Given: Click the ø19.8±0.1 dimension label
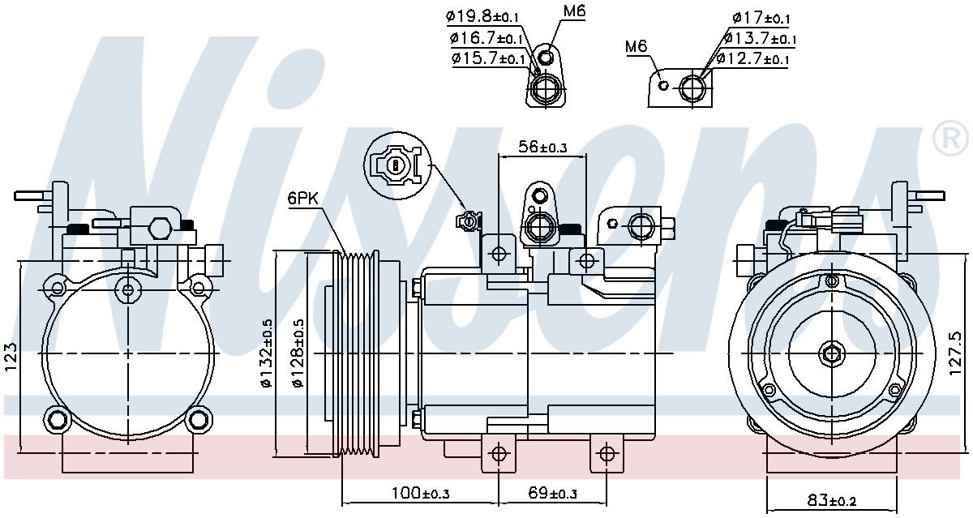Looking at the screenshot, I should pyautogui.click(x=484, y=15).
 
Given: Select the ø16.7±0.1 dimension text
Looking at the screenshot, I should pyautogui.click(x=486, y=37).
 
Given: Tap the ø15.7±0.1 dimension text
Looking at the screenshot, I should pyautogui.click(x=489, y=58).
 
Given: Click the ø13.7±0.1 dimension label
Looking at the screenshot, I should pyautogui.click(x=760, y=38).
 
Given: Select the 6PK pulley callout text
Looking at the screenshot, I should pyautogui.click(x=302, y=197).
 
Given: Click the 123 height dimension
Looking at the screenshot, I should pyautogui.click(x=11, y=357).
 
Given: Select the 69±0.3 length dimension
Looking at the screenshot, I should pyautogui.click(x=553, y=492).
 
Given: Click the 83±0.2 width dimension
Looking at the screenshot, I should pyautogui.click(x=832, y=501).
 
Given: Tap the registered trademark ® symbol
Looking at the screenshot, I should pyautogui.click(x=951, y=139).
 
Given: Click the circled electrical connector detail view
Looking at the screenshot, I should pyautogui.click(x=396, y=165).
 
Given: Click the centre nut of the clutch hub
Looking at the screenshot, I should pyautogui.click(x=831, y=353).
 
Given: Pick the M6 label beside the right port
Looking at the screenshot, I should pyautogui.click(x=637, y=46).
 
